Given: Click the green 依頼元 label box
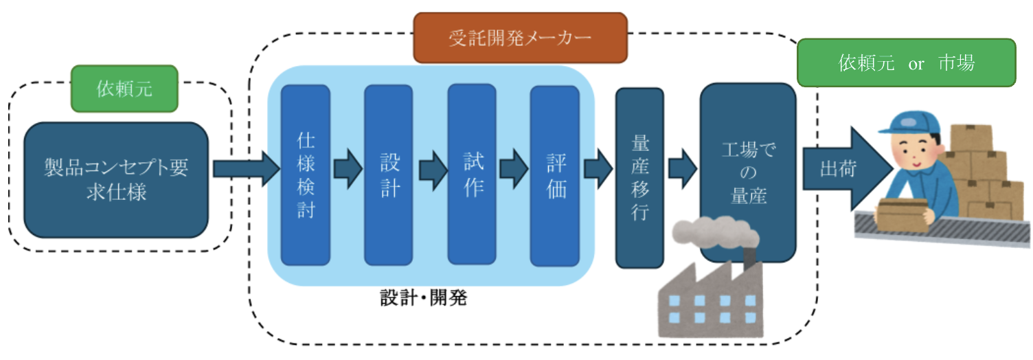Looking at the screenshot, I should point(124,89).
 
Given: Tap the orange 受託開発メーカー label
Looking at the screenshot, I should point(520,37).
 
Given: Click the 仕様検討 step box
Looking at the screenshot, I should point(306,175).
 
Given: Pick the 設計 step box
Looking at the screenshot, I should point(389,175).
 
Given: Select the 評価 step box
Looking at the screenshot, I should point(555,175).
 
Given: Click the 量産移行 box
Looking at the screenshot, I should point(639,177).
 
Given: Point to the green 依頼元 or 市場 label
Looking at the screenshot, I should point(906,63).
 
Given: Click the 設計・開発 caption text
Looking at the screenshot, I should point(423,299).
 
